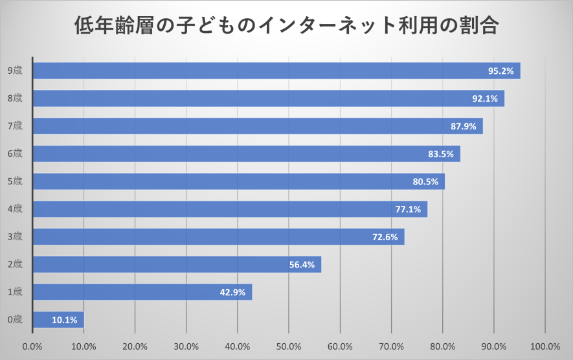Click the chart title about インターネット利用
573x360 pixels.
click(286, 27)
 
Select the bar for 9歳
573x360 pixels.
click(259, 71)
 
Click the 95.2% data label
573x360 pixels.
click(500, 71)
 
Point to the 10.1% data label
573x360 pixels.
click(65, 320)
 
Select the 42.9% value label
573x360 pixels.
click(232, 293)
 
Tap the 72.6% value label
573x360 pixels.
click(385, 237)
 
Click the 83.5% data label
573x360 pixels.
click(441, 154)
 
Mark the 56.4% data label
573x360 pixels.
click(302, 265)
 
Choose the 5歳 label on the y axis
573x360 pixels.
click(15, 181)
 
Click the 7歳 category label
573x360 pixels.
click(15, 126)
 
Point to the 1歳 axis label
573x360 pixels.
click(15, 292)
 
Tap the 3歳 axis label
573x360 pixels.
click(15, 237)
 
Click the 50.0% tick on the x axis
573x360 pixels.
click(289, 346)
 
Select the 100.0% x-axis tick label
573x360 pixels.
click(545, 346)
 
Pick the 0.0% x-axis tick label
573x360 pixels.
click(32, 346)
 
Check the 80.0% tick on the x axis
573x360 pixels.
click(442, 346)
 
